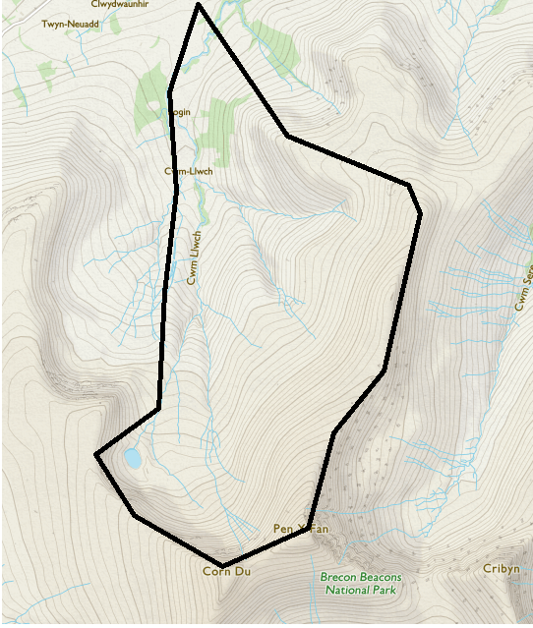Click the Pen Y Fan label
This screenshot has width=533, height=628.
300,530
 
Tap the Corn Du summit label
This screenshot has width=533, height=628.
227,572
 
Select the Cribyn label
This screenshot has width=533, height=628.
501,569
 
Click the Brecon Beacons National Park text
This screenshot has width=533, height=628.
360,584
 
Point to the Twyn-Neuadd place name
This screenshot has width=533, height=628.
70,23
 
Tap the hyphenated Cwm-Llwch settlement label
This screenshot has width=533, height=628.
189,172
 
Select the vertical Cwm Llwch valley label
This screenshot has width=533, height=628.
195,257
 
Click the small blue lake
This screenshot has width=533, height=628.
132,457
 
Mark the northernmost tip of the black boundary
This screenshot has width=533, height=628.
199,5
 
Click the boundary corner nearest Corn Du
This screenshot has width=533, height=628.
223,565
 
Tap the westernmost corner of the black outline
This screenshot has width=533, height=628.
96,455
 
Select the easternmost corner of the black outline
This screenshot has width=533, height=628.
420,212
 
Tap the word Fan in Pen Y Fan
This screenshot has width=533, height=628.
318,530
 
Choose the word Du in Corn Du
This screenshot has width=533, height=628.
243,572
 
